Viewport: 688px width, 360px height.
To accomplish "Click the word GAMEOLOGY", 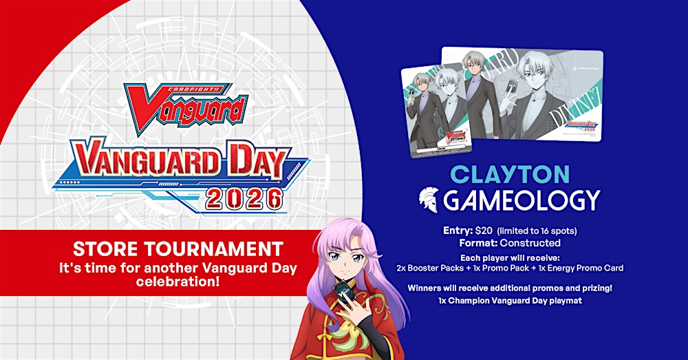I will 522,200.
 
